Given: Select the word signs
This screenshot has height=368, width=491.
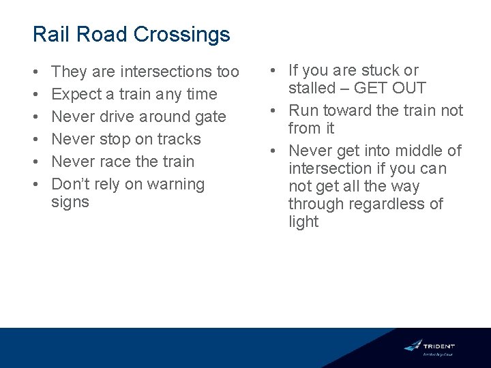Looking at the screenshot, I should [x=70, y=202].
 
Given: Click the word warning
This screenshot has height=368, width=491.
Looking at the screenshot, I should [x=173, y=184].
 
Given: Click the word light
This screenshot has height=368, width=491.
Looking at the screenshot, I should [x=303, y=221].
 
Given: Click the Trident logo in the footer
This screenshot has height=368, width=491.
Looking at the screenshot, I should [x=430, y=347].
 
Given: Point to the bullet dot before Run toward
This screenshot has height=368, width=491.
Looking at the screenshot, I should [x=273, y=111].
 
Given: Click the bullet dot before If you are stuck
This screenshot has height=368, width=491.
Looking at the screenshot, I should [x=273, y=71].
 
